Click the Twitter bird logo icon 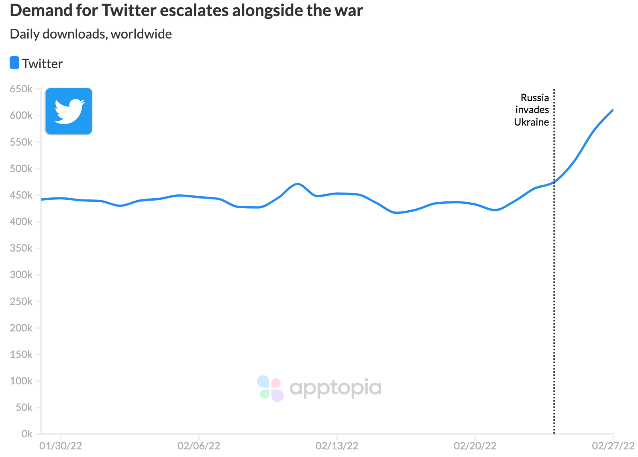click(69, 111)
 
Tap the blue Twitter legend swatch click(14, 63)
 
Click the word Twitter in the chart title click(128, 11)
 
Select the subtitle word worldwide click(141, 34)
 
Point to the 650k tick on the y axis click(21, 89)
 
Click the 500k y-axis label click(21, 169)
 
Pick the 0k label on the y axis click(26, 434)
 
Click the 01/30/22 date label click(61, 446)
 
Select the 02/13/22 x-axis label click(337, 446)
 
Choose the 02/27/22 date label click(613, 446)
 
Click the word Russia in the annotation click(534, 97)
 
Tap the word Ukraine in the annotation click(531, 122)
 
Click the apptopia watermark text click(335, 388)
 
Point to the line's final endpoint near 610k click(612, 110)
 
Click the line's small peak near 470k click(297, 184)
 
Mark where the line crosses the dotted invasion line click(554, 182)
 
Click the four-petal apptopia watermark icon click(270, 388)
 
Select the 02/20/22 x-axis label click(475, 446)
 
